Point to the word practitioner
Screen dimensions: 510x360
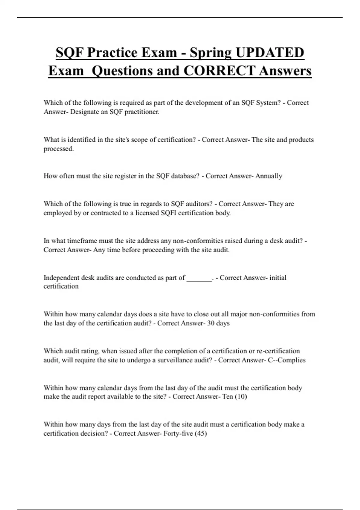[x=142, y=112]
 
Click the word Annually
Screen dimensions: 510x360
[x=268, y=176]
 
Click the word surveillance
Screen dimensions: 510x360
[x=174, y=360]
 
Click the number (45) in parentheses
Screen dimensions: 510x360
[x=201, y=433]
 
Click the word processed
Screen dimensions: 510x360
[x=58, y=149]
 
